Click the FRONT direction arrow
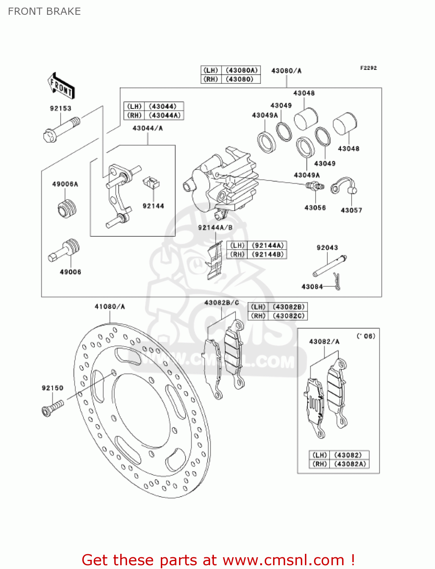pos(61,86)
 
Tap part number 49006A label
pos(65,184)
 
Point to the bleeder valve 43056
pos(314,186)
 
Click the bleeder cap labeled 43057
pos(344,186)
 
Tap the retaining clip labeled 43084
pos(336,281)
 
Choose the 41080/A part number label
pos(110,307)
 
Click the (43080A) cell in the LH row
pos(241,70)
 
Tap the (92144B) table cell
pos(267,255)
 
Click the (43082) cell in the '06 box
pos(348,455)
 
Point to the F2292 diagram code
pos(368,68)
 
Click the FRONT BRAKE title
pos(44,11)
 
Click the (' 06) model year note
pos(366,336)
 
